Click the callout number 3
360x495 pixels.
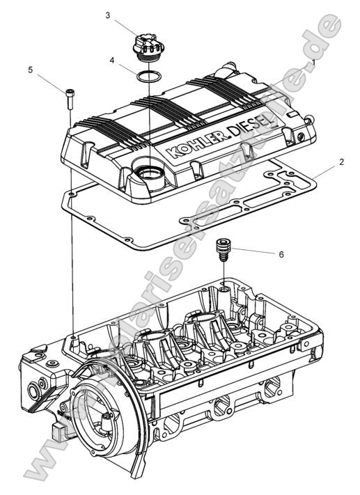(x=108, y=15)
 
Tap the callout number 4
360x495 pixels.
(x=113, y=61)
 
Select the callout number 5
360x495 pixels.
(x=30, y=70)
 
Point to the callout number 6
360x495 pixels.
(x=281, y=255)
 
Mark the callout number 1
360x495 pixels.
(x=314, y=61)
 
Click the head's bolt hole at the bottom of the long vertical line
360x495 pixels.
(x=73, y=340)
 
